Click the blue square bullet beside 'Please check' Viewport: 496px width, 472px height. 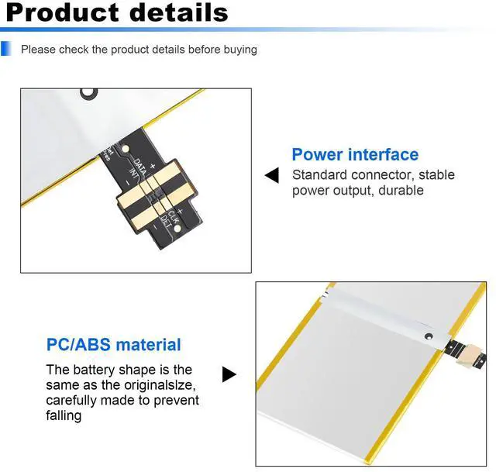6,49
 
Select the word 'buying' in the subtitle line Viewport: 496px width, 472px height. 237,50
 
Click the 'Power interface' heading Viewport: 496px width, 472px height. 354,154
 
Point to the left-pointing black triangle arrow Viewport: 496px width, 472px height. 271,175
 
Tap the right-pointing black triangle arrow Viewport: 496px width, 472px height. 229,375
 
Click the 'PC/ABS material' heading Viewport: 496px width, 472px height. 113,345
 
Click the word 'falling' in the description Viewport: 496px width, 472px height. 64,416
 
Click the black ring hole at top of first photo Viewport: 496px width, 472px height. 91,91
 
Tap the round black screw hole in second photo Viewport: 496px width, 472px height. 428,337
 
